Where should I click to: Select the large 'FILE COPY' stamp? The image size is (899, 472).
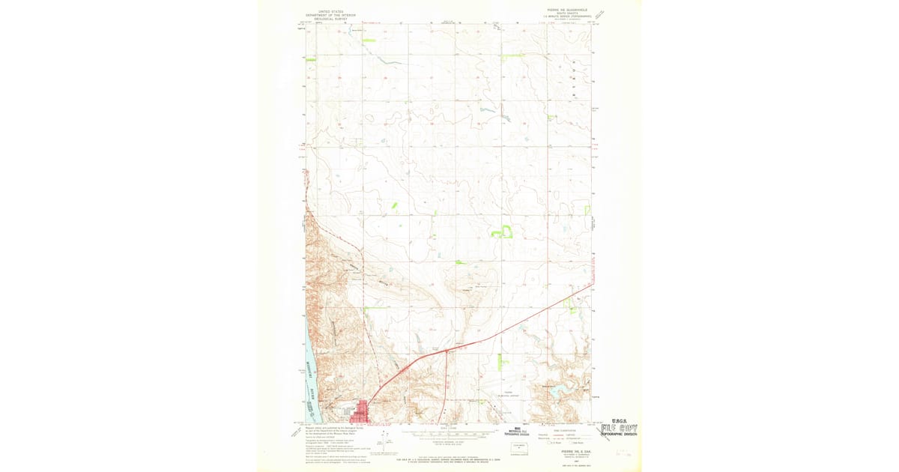click(x=619, y=429)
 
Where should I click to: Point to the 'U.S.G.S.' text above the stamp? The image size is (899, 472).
click(x=624, y=420)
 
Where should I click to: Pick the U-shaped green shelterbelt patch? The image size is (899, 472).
click(x=502, y=232)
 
